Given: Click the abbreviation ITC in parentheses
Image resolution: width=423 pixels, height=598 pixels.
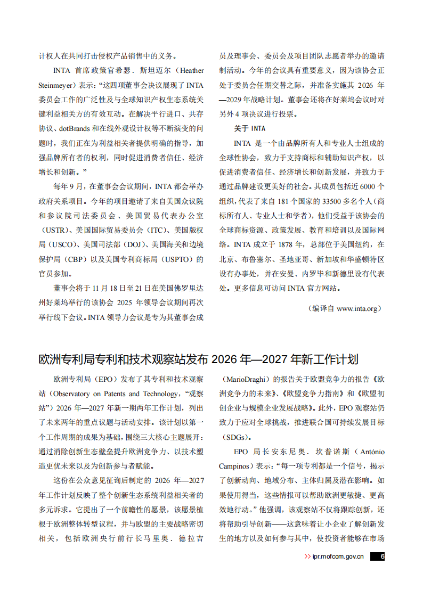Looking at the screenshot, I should click(x=156, y=230).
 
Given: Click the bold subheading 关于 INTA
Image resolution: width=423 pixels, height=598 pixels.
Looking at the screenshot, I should click(x=249, y=128).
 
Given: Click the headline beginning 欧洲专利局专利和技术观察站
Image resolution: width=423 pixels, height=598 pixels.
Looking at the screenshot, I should click(x=198, y=359).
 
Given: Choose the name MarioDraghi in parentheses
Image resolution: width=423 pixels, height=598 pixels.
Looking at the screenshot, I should click(x=245, y=380).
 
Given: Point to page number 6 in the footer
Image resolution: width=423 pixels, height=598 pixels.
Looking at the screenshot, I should click(x=382, y=556).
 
